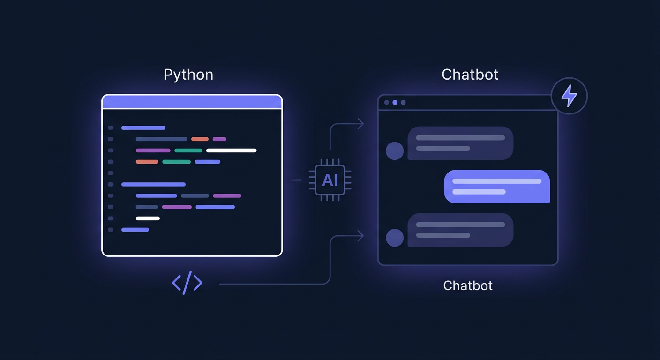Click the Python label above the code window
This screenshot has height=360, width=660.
coord(188,75)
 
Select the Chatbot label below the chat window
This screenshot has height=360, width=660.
coord(468,285)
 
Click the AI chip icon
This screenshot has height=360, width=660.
coord(330,180)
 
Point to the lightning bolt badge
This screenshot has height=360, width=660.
coord(569,97)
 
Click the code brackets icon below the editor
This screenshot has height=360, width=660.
coord(187,283)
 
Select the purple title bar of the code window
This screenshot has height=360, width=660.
coord(192,102)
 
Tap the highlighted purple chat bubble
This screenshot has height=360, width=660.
coord(496,187)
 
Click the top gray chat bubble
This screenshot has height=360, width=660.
coord(460,143)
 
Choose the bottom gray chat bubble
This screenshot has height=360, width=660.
coord(460,230)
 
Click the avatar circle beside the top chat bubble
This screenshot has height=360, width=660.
coord(395,151)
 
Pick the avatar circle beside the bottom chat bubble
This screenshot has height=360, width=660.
coord(395,238)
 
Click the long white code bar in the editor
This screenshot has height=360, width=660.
coord(231,150)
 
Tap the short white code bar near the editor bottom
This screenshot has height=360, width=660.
coord(148,218)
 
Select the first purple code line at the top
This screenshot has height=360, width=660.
coord(143,127)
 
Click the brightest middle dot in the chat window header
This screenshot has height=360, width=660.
coord(395,102)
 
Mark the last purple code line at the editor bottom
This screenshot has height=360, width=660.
coord(135,230)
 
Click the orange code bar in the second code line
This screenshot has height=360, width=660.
coord(200,139)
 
